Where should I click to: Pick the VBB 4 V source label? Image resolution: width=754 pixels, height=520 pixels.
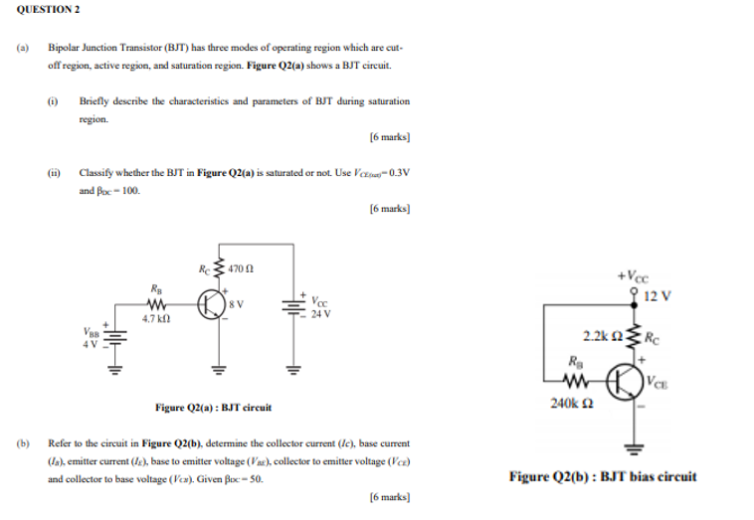tap(91, 340)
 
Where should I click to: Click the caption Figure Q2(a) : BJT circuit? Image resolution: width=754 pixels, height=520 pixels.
tap(213, 406)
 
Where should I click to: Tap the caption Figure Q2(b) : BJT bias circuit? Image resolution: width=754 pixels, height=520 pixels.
tap(603, 476)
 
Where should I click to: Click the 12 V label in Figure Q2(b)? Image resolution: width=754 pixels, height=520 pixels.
tap(659, 295)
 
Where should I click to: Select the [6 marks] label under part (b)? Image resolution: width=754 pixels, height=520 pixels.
tap(389, 497)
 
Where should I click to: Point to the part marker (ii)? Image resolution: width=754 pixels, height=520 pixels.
tap(53, 172)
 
